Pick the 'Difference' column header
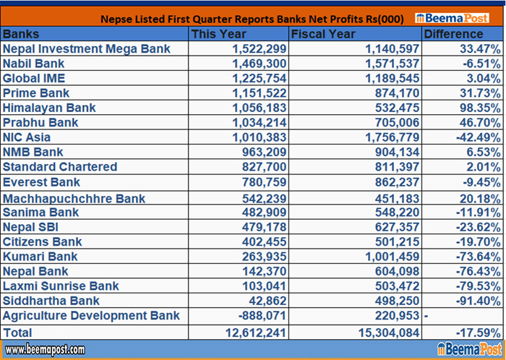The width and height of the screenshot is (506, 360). (453, 34)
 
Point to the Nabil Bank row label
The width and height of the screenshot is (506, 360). (35, 64)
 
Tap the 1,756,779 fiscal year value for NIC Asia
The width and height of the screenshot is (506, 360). (387, 137)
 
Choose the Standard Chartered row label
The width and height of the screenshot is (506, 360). (60, 166)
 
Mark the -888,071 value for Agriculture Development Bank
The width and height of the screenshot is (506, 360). (260, 316)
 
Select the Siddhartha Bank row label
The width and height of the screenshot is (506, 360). (51, 301)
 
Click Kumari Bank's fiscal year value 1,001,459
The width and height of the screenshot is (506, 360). (387, 256)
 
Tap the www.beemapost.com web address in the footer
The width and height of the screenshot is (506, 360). (44, 350)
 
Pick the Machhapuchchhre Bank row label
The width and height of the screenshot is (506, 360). (74, 198)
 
